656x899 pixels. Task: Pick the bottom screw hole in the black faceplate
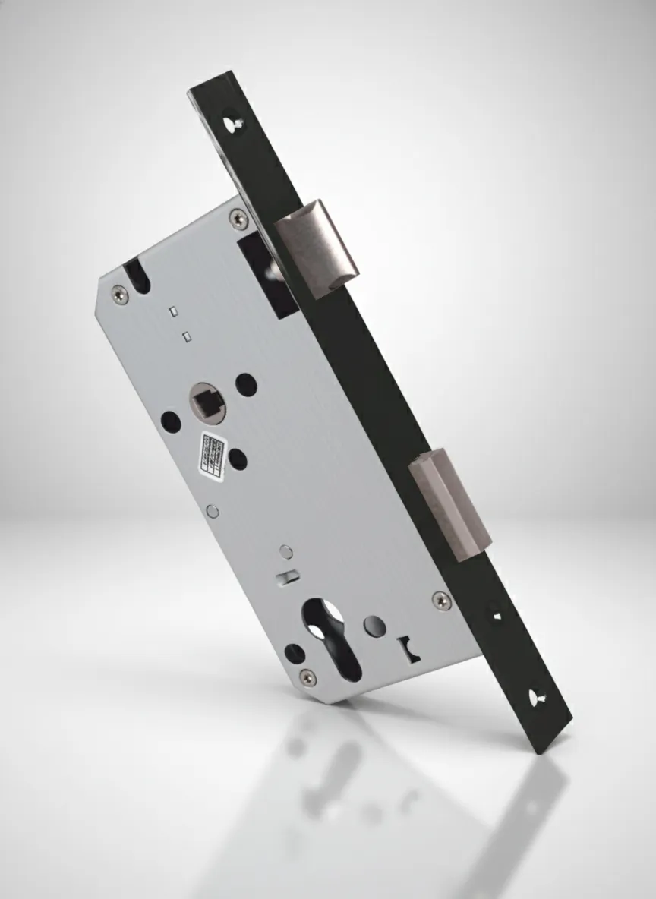tap(544, 693)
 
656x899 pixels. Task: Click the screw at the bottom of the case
tap(307, 675)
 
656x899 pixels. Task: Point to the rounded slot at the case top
tap(137, 277)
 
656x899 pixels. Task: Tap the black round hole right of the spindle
tap(246, 385)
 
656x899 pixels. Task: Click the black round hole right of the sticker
tap(238, 459)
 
